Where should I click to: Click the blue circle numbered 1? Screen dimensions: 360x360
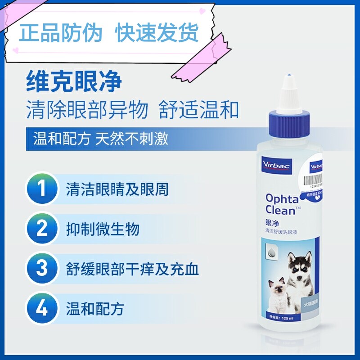coord(42,189)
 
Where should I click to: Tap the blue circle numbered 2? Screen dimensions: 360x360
coord(42,229)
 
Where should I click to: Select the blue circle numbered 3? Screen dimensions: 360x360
coord(42,269)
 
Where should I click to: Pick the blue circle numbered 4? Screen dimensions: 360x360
coord(42,309)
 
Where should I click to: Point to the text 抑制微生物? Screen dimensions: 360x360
coord(103,229)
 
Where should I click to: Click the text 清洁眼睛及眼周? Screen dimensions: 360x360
coord(117,189)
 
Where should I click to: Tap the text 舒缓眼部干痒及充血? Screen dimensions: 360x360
coord(132,269)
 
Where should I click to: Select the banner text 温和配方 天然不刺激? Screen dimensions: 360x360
coord(101,138)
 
